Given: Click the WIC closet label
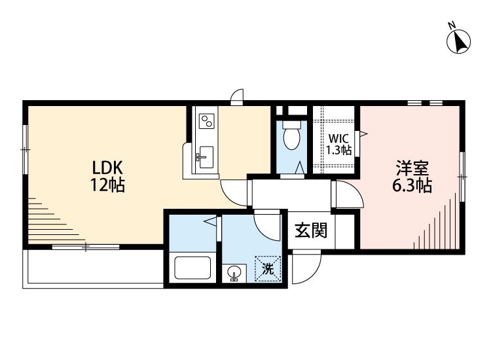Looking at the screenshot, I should pos(339,139).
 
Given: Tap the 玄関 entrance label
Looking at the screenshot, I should pos(310,230).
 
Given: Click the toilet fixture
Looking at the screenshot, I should pos(292,136).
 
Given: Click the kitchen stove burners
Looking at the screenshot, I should pos(207,121).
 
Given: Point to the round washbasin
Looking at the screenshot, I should pos(234,271).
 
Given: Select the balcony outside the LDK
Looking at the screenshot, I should pos(92,268).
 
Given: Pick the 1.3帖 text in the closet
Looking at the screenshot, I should pos(339,150).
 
